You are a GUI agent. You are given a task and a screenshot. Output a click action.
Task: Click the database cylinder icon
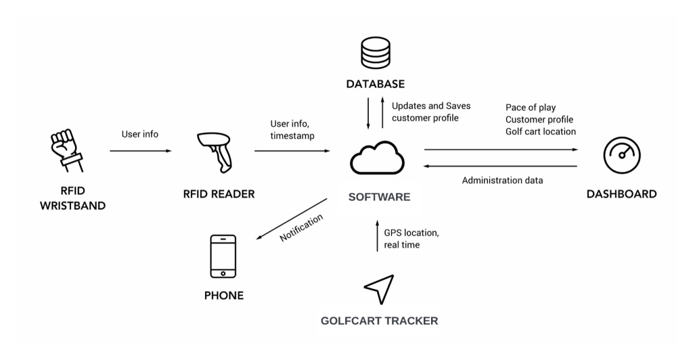[x=375, y=53]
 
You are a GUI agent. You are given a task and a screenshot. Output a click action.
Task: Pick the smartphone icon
[x=223, y=256]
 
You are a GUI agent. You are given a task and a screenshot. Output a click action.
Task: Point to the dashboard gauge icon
[x=621, y=156]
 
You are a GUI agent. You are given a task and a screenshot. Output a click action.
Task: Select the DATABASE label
[x=376, y=85]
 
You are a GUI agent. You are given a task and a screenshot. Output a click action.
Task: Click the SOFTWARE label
[x=379, y=198]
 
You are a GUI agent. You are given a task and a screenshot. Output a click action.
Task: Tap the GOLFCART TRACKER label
[x=379, y=321]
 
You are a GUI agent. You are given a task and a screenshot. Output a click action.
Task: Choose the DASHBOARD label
[x=621, y=194]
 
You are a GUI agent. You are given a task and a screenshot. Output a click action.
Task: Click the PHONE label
[x=223, y=296]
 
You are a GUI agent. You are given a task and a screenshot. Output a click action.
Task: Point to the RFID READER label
[x=219, y=194]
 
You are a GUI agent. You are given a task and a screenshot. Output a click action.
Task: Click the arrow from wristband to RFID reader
[x=140, y=150]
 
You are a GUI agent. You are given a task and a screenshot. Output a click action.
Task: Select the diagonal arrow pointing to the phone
[x=292, y=219]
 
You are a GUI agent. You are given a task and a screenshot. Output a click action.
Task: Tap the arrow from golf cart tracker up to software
[x=376, y=235]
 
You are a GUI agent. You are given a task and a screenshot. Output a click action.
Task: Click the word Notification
[x=302, y=228]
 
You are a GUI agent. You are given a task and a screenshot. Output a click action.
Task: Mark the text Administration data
[x=502, y=181]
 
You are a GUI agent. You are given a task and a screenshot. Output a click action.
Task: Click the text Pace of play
[x=531, y=108]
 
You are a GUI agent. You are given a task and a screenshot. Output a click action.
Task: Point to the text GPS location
[x=411, y=233]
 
